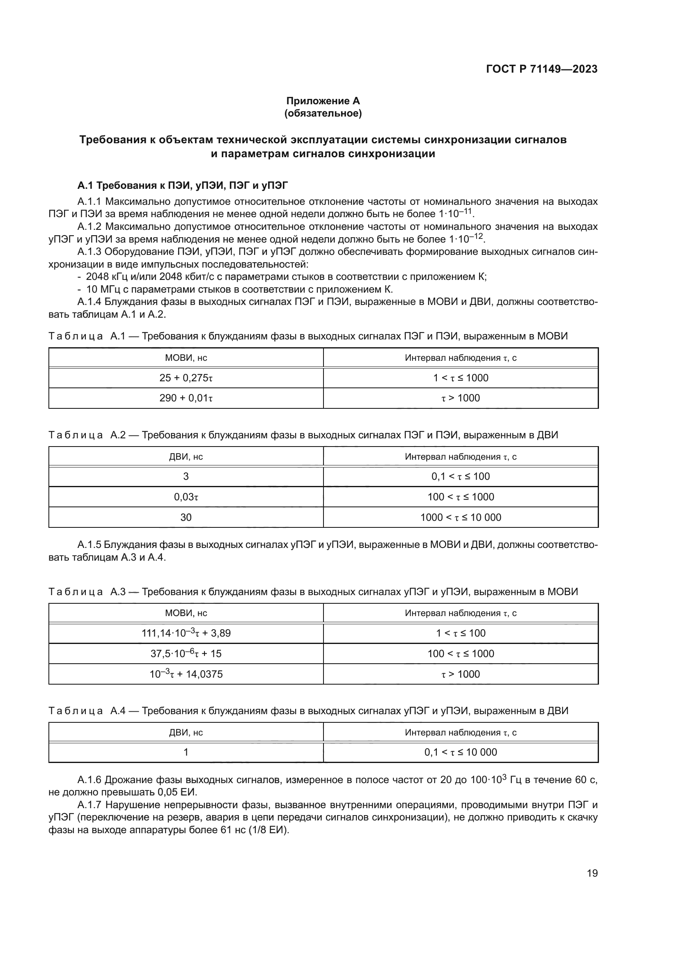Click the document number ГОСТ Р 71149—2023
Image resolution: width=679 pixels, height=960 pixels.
[541, 69]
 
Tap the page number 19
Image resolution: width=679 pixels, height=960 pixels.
[592, 873]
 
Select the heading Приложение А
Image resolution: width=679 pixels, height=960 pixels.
[323, 101]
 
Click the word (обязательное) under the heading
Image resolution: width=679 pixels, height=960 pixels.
[323, 113]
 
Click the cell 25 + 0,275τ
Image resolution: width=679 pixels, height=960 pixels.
[186, 378]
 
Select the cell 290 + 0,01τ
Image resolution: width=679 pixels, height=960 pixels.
[186, 398]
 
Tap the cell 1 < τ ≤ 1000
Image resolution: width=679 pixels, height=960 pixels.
[460, 378]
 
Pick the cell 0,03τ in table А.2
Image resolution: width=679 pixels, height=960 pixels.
[186, 497]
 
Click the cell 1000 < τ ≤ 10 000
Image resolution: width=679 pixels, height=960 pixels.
[460, 518]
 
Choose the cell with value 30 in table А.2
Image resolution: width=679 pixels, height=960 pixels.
[186, 518]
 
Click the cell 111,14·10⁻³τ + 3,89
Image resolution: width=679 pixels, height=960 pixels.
[186, 633]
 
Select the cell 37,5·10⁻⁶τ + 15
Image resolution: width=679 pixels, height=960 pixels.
[186, 654]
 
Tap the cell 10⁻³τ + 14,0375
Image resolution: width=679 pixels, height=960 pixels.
[186, 674]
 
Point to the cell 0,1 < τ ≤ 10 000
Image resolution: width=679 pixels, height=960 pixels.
[460, 753]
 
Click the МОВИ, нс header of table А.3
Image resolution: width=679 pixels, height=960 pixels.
[186, 613]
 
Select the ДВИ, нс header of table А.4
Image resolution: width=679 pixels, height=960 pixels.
[186, 733]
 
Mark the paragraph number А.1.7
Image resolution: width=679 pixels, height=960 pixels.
[90, 805]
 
